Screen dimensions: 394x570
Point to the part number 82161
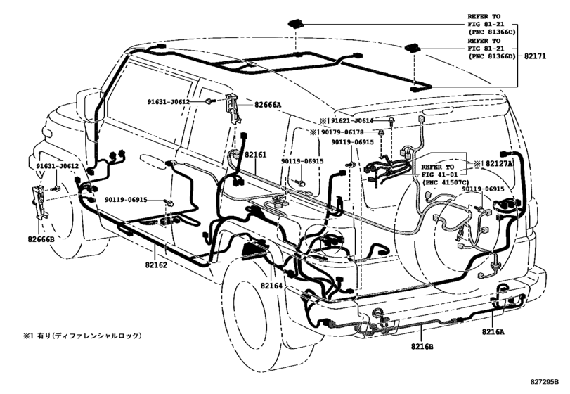click(x=255, y=153)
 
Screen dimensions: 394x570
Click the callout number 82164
click(x=272, y=285)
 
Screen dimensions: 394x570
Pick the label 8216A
click(x=498, y=331)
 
